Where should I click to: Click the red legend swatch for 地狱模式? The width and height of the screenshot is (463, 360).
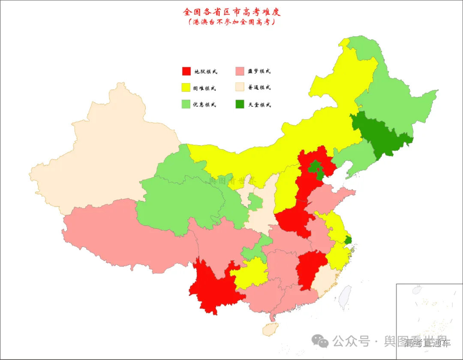click(x=186, y=71)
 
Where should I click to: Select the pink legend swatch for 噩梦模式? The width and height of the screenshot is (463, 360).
click(x=241, y=71)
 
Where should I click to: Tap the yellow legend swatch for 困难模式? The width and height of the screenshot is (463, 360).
click(x=186, y=88)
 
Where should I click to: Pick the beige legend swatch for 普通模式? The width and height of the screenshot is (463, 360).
click(x=241, y=87)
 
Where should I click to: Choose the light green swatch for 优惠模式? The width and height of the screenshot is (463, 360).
click(x=186, y=104)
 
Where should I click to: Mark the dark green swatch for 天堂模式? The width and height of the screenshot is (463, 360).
click(x=241, y=104)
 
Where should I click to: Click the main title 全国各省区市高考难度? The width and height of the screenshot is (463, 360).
click(x=231, y=12)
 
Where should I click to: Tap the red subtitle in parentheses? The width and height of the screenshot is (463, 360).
click(x=231, y=22)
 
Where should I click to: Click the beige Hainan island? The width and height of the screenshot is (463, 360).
click(x=271, y=329)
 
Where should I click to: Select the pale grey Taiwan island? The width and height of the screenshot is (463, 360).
click(x=345, y=297)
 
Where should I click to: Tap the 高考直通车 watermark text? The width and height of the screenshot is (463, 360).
click(x=427, y=343)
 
